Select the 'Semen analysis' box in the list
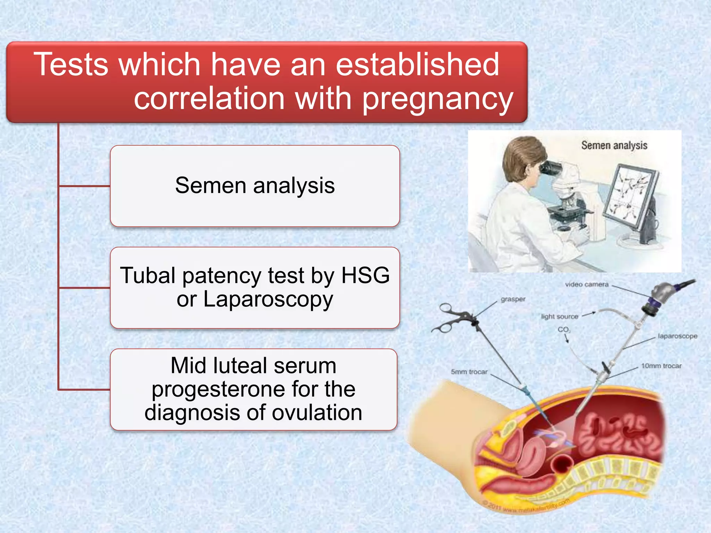(x=255, y=186)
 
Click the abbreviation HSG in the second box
(x=365, y=276)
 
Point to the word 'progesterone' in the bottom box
(x=253, y=389)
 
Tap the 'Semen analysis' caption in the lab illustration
(x=614, y=145)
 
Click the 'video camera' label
(x=587, y=285)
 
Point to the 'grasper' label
(x=513, y=299)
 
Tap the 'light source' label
(x=559, y=316)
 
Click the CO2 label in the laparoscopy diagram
(x=563, y=330)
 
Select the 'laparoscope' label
(x=677, y=336)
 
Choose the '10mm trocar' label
(x=661, y=366)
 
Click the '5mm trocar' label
(x=469, y=372)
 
